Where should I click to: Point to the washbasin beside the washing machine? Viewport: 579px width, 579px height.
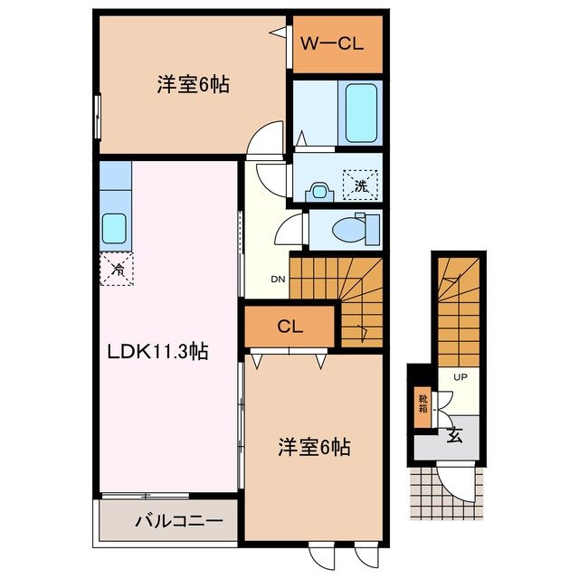coord(318,191)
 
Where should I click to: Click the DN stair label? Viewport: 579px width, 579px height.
coord(278,279)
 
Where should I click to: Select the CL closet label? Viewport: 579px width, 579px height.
coord(289,327)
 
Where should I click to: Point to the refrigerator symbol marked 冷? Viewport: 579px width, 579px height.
coord(117,269)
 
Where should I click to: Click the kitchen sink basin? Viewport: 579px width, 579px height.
coord(114,227)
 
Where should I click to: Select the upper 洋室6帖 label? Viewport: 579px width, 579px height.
coord(192,86)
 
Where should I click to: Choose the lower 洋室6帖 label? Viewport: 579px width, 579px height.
coord(313,446)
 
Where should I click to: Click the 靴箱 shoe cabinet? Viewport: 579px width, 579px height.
coord(422,403)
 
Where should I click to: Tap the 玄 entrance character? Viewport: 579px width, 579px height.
coord(453,435)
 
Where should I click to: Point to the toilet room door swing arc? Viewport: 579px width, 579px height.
coord(289,230)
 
